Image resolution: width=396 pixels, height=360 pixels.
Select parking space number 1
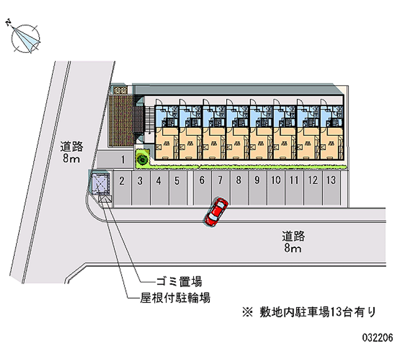(122, 159)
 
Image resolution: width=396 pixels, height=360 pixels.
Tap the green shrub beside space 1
(143, 159)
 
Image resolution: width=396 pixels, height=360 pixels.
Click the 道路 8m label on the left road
(71, 152)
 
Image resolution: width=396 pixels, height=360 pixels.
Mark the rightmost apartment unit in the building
(331, 130)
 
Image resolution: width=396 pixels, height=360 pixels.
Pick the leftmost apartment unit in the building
(167, 130)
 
